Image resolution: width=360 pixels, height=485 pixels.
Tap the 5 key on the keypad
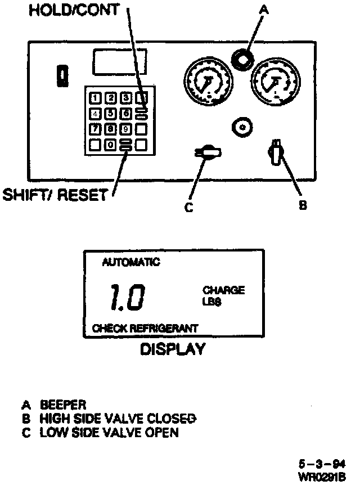[111, 114]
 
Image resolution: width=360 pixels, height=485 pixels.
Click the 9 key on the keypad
[126, 129]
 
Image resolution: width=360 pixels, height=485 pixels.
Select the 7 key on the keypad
[96, 129]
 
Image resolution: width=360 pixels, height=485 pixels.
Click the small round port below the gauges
[242, 127]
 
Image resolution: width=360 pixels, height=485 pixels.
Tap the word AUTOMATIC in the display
[131, 262]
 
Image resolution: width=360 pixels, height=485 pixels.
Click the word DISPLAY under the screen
[173, 349]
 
